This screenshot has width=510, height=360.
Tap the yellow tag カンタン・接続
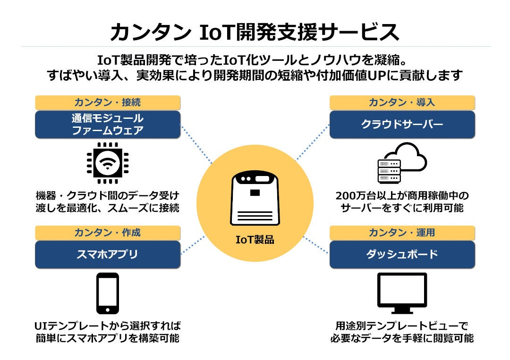[108, 102]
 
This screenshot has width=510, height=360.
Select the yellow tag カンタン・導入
[402, 102]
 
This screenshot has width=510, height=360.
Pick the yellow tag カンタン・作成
[108, 233]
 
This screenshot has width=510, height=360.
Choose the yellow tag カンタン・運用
[402, 233]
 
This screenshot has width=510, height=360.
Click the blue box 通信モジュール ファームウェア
[108, 125]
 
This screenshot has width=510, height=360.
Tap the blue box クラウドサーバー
[402, 125]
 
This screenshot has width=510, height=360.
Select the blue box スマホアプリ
[108, 254]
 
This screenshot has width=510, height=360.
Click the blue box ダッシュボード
[402, 254]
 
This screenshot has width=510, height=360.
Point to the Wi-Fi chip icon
[108, 163]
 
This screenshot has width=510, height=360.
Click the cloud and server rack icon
[402, 163]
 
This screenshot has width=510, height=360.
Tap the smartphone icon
[108, 293]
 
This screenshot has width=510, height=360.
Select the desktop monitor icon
[402, 293]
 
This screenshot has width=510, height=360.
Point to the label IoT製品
[255, 240]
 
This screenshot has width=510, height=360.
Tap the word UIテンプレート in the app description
[67, 326]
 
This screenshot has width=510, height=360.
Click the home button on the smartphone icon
[108, 309]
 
